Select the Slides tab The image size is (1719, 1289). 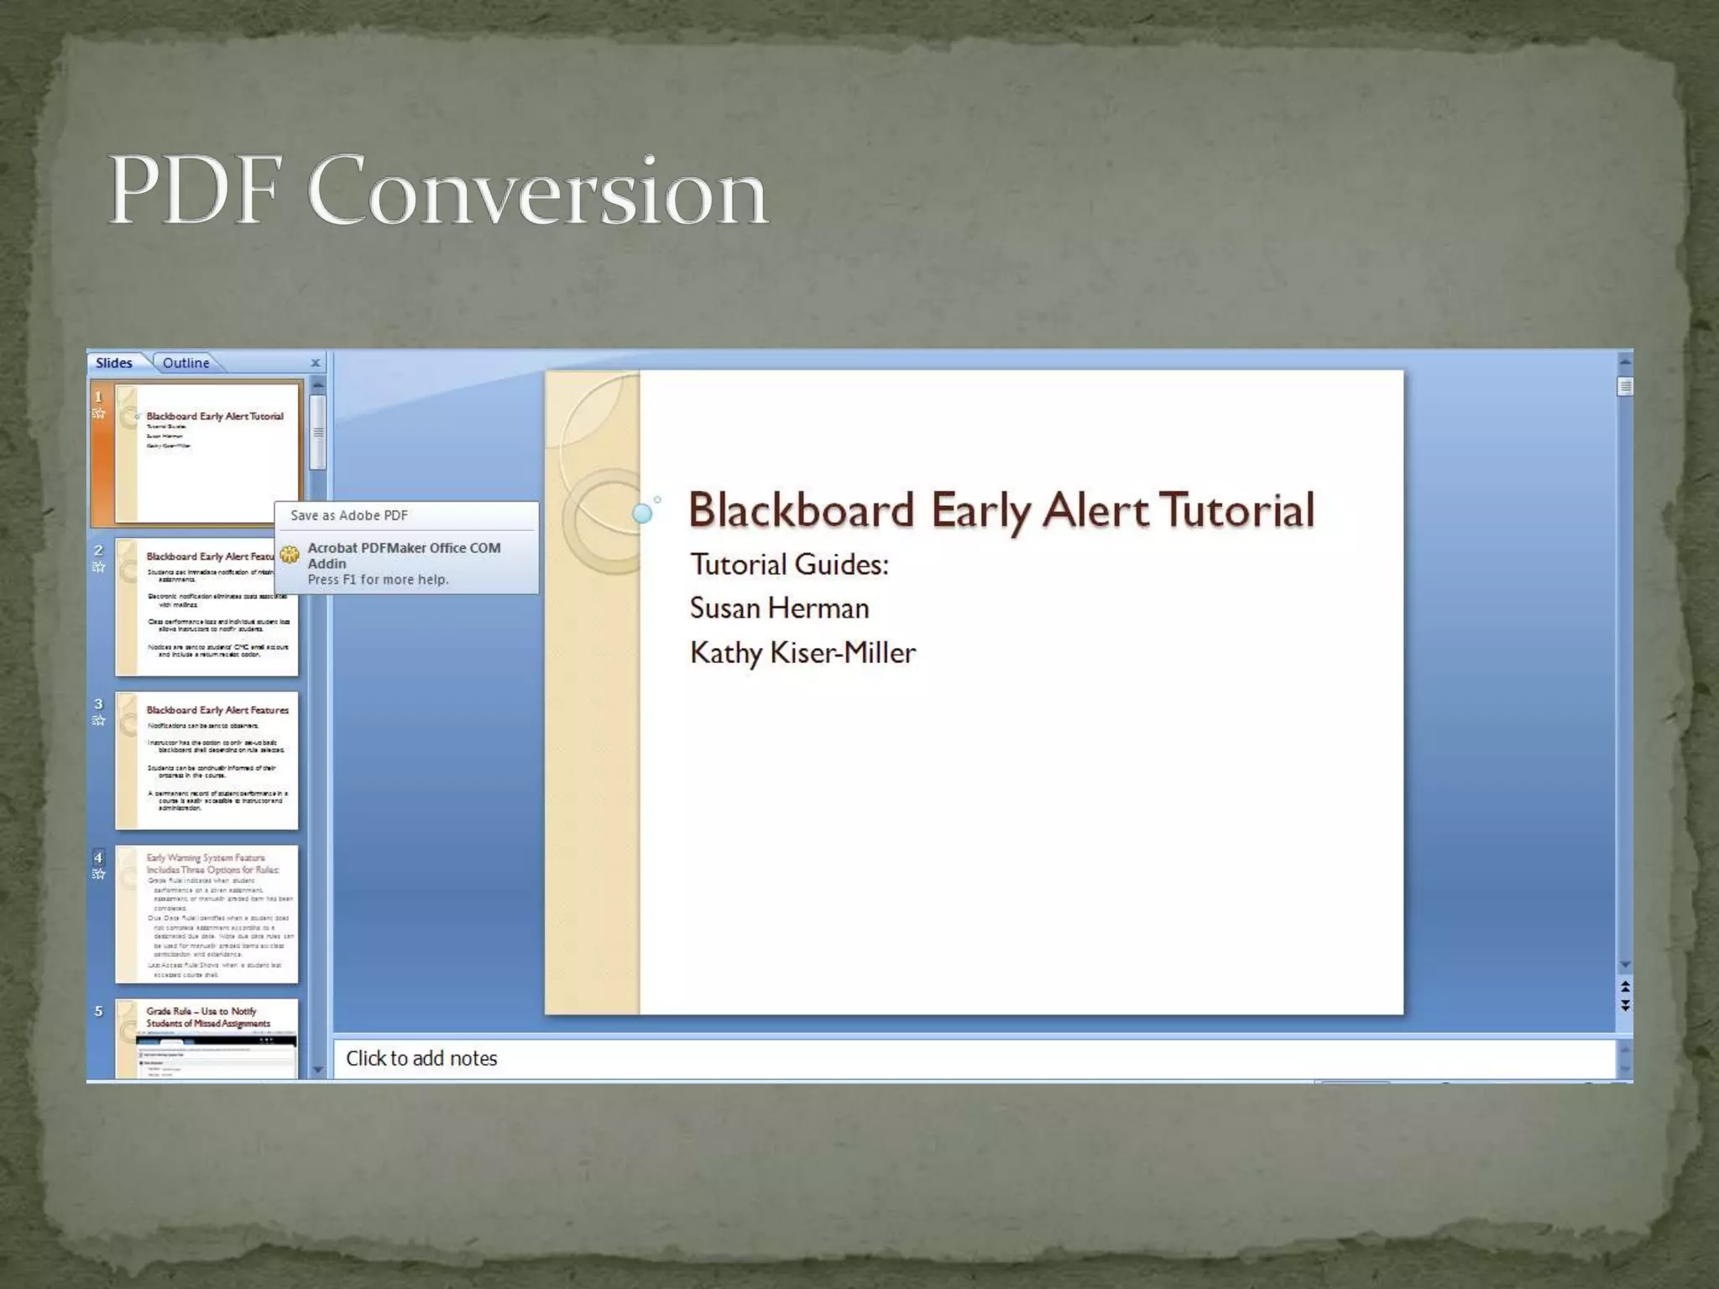pos(114,363)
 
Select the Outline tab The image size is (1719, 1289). pos(186,363)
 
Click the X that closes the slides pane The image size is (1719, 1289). pos(316,363)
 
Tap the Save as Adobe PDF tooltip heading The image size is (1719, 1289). pos(349,515)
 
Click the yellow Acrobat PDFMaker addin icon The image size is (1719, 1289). pos(290,554)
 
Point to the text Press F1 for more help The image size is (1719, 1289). pos(378,580)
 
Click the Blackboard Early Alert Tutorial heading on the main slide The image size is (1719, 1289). pos(1001,510)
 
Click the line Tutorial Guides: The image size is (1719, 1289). pos(789,565)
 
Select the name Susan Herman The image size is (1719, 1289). pos(779,608)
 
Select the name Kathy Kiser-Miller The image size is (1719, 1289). pos(802,653)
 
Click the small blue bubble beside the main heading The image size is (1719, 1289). pos(642,514)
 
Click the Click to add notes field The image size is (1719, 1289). pos(421,1058)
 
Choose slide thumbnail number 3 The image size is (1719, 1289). pos(206,760)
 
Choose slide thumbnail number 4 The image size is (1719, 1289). pos(206,914)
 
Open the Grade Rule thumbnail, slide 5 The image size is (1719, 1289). pos(206,1039)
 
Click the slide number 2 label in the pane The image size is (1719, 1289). pos(98,551)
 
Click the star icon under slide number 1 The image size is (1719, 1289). pos(98,413)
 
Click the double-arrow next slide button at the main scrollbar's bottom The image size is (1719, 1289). pos(1625,1005)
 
